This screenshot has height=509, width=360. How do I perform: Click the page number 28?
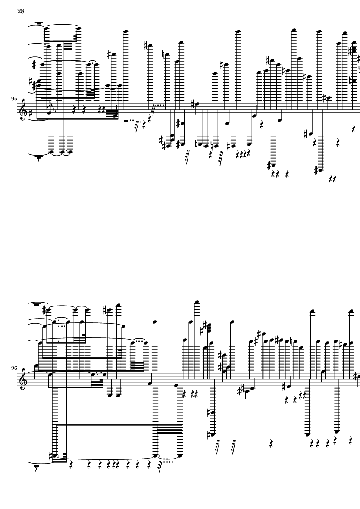click(x=21, y=11)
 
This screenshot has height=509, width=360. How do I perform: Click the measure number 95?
click(x=14, y=98)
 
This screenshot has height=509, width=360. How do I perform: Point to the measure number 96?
click(x=14, y=368)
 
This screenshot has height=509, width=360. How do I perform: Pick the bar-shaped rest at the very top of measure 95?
click(x=39, y=23)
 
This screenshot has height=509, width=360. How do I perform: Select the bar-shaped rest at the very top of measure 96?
click(x=39, y=304)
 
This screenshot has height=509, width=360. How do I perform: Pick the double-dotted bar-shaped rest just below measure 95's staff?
click(x=128, y=122)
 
